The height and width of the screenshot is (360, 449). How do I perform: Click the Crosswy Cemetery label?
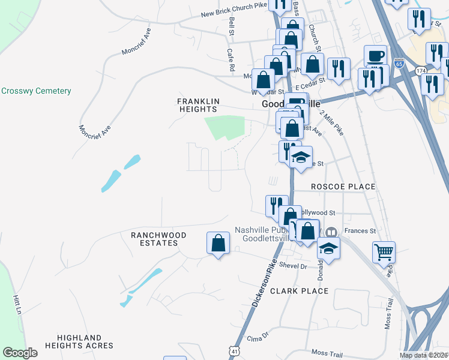point(36,91)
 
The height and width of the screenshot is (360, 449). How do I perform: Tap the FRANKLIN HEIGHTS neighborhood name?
point(197,105)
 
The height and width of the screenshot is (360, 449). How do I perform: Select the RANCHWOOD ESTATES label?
point(158,239)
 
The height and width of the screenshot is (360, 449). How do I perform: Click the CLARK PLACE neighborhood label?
point(299,291)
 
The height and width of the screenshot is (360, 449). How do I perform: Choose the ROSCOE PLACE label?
point(343,187)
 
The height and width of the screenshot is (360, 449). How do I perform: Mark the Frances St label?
point(360,230)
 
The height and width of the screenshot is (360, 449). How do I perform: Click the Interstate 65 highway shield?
point(400,63)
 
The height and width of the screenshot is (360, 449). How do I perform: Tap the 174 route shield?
point(419,71)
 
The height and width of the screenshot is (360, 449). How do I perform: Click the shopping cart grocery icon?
point(384,252)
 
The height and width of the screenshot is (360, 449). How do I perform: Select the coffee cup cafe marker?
point(375,56)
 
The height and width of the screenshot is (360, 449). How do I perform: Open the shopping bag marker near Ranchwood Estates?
point(218,244)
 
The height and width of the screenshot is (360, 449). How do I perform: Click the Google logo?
point(20,353)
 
